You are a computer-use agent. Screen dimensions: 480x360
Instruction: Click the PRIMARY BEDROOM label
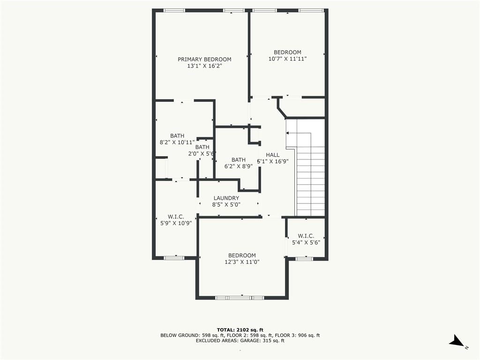[204, 60]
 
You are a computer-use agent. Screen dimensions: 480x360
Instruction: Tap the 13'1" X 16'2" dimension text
[204, 66]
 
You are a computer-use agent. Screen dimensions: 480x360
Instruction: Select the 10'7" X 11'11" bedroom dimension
[287, 59]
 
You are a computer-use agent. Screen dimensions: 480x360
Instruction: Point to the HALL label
[272, 155]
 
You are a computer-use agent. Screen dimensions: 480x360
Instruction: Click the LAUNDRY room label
[226, 198]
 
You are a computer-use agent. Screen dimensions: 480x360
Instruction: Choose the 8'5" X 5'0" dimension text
[226, 205]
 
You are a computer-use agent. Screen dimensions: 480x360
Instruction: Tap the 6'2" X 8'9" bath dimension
[239, 166]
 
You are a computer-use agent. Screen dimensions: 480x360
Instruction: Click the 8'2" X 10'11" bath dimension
[177, 142]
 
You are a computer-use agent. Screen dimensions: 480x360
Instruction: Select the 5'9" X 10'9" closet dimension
[176, 223]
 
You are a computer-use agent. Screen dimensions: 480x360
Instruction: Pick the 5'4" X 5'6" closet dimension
[306, 242]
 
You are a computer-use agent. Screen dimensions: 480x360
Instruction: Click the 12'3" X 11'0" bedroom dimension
[242, 262]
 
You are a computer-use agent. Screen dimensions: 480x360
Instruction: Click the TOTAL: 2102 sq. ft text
[240, 330]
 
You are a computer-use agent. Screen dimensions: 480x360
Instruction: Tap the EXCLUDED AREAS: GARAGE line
[240, 340]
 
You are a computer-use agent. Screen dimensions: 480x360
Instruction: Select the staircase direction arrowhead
[287, 133]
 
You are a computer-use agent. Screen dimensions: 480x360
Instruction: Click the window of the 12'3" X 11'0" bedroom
[240, 298]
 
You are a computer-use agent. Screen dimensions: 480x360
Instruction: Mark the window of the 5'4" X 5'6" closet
[304, 259]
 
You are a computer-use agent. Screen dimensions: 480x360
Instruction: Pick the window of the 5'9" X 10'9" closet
[174, 258]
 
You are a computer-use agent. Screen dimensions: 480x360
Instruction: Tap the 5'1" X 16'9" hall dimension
[273, 161]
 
